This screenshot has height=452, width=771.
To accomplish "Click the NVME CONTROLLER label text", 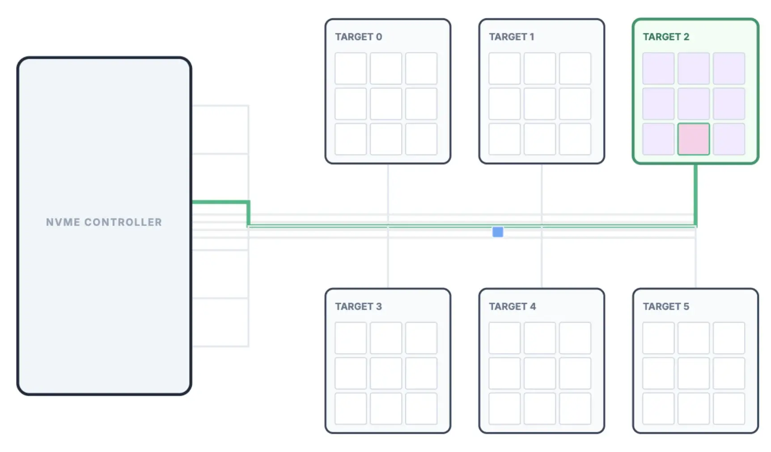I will [104, 222].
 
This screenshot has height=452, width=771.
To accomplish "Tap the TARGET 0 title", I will [358, 37].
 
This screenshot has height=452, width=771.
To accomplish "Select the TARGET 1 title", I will [511, 37].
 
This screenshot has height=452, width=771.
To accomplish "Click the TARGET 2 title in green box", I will [665, 37].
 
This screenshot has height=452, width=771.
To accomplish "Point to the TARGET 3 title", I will [358, 307].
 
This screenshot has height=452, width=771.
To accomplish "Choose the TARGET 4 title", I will [512, 307].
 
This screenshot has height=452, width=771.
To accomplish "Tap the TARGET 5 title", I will [665, 307].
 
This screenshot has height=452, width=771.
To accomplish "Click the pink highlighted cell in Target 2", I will [693, 139].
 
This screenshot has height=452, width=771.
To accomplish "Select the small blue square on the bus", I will [497, 232].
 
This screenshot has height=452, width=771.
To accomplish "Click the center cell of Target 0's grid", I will [386, 104].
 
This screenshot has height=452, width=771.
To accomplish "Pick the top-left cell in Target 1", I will [504, 68].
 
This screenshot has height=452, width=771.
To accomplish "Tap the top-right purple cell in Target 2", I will [729, 68].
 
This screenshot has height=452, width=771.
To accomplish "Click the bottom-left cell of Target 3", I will [351, 409].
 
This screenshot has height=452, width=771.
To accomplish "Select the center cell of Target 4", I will [540, 373].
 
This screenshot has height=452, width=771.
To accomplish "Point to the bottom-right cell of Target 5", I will [729, 409].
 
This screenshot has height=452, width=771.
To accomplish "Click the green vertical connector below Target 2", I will [695, 192].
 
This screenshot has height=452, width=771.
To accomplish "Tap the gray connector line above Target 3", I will [388, 264].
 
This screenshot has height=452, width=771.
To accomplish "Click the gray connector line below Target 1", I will [542, 188].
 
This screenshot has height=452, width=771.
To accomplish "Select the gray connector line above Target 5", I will [695, 264].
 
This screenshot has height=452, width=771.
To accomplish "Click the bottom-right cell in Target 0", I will [421, 139].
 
